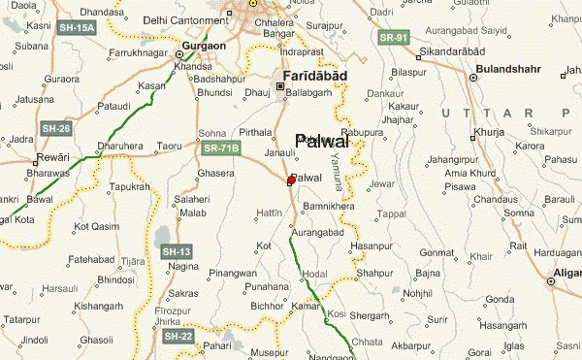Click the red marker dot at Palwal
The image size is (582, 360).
click(x=291, y=180)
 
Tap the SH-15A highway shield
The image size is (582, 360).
click(x=78, y=28)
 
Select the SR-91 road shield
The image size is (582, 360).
click(x=394, y=38)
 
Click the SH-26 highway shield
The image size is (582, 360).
click(x=54, y=127)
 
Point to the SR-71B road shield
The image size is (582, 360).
click(x=221, y=148)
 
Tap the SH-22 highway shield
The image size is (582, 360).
click(x=178, y=336)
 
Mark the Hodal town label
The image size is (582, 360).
click(x=315, y=275)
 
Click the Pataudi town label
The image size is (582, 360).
click(x=113, y=105)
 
